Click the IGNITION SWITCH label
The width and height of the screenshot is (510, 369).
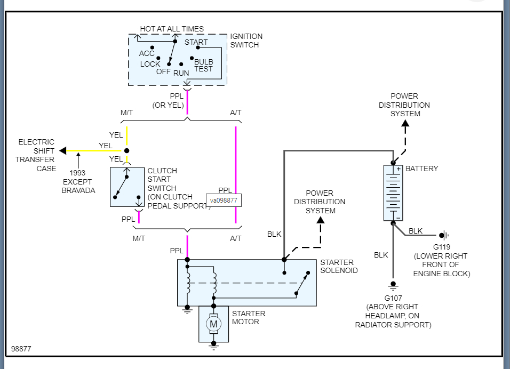point(246,41)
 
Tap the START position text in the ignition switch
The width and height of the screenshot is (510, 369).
point(196,42)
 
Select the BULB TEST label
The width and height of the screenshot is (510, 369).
point(204,66)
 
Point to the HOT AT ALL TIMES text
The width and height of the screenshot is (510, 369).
point(171,29)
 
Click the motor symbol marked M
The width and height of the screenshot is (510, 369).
point(213,324)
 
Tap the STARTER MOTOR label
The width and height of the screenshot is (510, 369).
point(248,317)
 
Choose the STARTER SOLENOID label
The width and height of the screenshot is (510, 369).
point(339,266)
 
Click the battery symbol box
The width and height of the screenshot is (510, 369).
point(393,192)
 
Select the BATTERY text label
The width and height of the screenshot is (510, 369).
point(421,169)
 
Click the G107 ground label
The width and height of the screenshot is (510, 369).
point(393,298)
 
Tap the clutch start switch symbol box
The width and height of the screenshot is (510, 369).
point(127,187)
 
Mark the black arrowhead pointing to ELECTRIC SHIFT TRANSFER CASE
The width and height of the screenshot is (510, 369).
point(62,151)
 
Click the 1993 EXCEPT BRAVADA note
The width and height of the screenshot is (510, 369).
point(77,181)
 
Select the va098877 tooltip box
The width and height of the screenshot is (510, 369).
point(224,200)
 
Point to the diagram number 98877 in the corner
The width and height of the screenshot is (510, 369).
point(21,349)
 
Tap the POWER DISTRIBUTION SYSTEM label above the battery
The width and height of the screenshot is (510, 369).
point(404,105)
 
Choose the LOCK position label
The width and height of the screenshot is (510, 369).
point(150,64)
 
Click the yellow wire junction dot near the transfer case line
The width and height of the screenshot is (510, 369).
point(126,151)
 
